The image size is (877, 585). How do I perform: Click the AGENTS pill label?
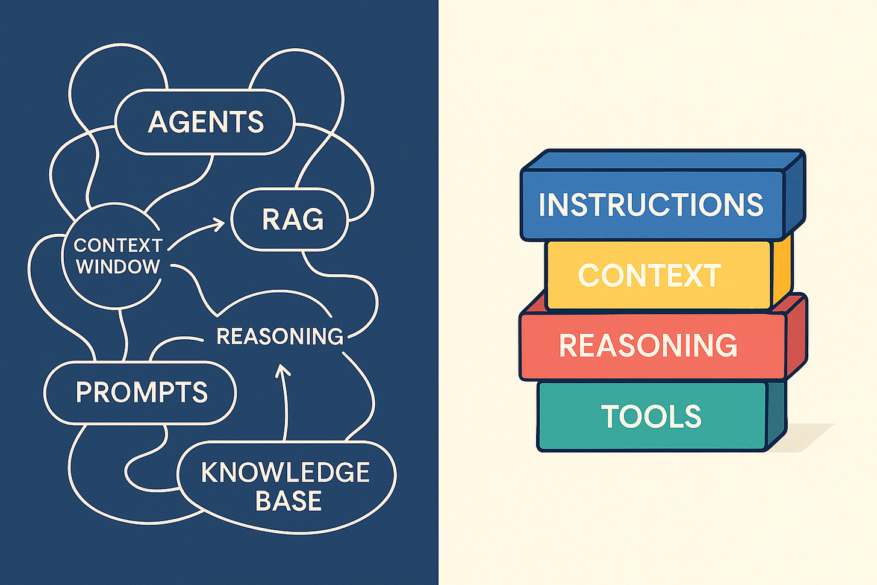205,122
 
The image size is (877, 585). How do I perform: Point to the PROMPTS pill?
141,393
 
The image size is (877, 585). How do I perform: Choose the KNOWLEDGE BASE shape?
286,487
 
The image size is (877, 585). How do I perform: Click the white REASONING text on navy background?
279,336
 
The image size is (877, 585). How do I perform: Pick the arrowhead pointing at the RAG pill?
219,224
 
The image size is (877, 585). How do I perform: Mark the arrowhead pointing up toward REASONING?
282,369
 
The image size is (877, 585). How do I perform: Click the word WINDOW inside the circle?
118,267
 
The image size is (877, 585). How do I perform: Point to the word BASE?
288,501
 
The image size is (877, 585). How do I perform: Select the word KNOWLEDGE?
286,473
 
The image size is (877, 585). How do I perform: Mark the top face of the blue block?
663,160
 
